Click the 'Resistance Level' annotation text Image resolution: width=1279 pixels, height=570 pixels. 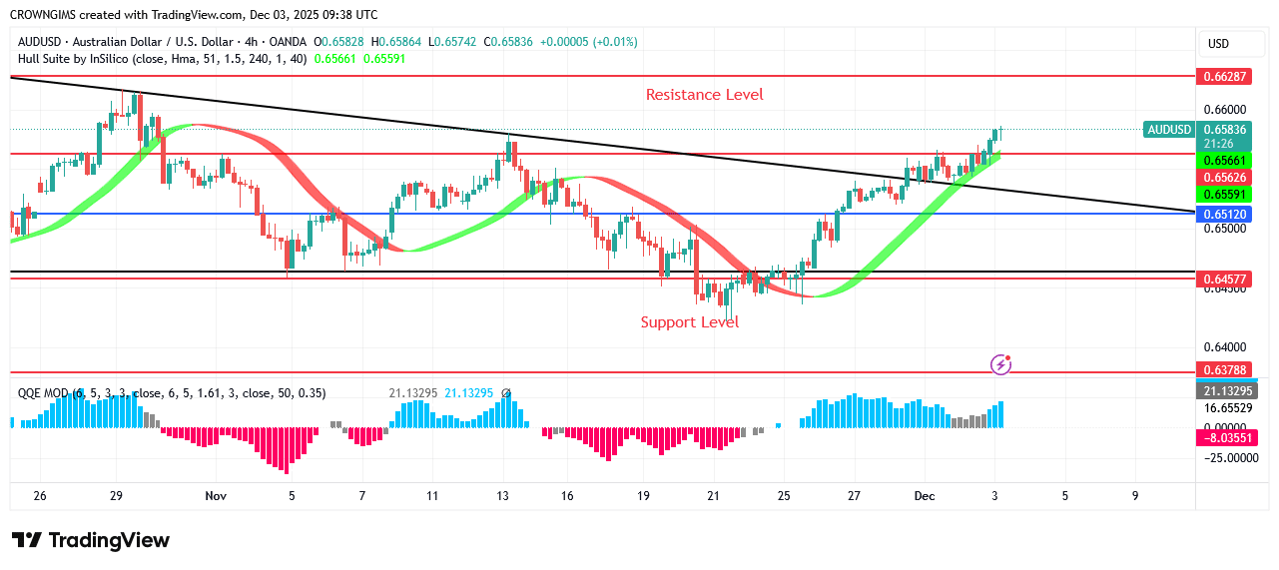[x=704, y=95]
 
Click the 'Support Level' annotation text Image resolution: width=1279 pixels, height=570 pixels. [x=689, y=322]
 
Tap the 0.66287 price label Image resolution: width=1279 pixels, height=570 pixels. [x=1224, y=76]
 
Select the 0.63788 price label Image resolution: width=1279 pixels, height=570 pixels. [x=1224, y=370]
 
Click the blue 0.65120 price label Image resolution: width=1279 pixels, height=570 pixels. [x=1224, y=214]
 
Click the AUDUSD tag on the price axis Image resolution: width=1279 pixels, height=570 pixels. [x=1169, y=129]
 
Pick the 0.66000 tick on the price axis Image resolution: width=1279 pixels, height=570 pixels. [x=1223, y=110]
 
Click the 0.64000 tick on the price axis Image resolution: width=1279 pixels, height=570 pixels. [x=1223, y=346]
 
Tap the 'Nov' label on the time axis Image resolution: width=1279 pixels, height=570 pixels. [x=215, y=495]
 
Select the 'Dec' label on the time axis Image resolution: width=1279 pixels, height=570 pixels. [x=924, y=495]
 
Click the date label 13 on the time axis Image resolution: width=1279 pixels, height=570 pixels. [x=502, y=495]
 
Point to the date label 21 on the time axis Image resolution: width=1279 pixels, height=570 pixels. [x=713, y=495]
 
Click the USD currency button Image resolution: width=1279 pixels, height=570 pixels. [x=1218, y=44]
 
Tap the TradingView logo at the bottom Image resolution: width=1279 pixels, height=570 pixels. [x=91, y=540]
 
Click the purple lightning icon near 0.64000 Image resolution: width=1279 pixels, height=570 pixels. [x=1000, y=364]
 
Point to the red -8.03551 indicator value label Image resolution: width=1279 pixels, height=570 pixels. [x=1224, y=437]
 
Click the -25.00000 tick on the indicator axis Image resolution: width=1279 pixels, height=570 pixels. [x=1224, y=457]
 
